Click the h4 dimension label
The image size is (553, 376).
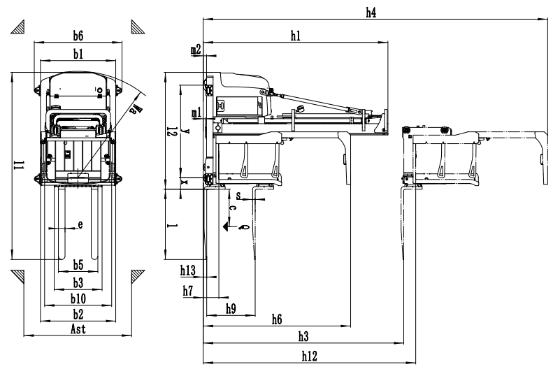click(x=371, y=11)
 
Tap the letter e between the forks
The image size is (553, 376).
click(x=80, y=224)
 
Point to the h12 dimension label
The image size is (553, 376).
click(x=310, y=356)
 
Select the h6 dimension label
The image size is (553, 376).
click(x=277, y=319)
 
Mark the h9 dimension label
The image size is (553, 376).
click(x=231, y=308)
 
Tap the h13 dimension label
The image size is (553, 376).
click(x=187, y=270)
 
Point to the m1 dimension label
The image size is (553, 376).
click(x=196, y=112)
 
